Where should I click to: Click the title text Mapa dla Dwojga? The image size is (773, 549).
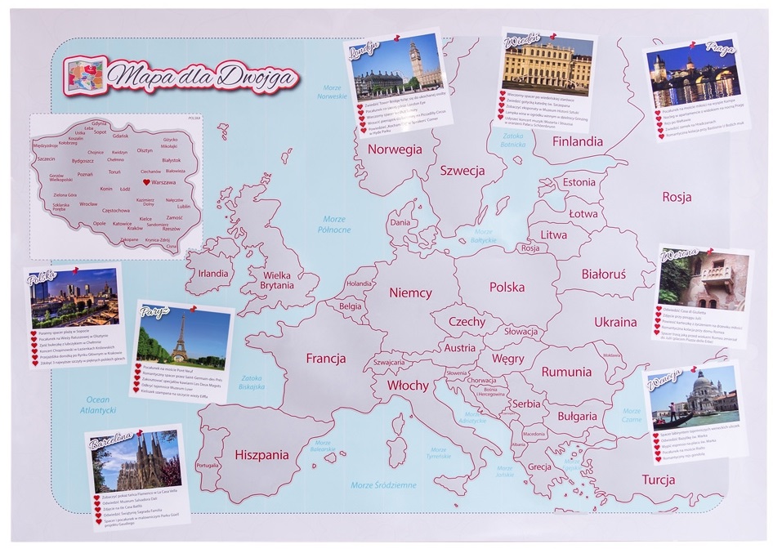tap(204, 75)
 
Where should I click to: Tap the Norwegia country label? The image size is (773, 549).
tap(394, 150)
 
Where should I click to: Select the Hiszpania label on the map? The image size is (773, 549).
tap(261, 455)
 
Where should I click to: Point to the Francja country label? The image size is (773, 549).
tap(325, 359)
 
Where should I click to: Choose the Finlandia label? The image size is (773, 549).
tap(577, 141)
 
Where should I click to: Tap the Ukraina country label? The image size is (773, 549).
tap(614, 322)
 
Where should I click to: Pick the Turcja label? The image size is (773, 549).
tap(663, 479)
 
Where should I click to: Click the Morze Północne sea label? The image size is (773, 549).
tap(334, 224)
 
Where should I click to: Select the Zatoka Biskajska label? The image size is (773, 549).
tap(251, 383)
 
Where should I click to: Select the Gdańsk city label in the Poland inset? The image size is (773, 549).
tap(120, 136)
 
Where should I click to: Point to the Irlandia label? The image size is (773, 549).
tap(212, 274)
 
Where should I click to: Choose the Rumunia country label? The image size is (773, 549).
tap(565, 372)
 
